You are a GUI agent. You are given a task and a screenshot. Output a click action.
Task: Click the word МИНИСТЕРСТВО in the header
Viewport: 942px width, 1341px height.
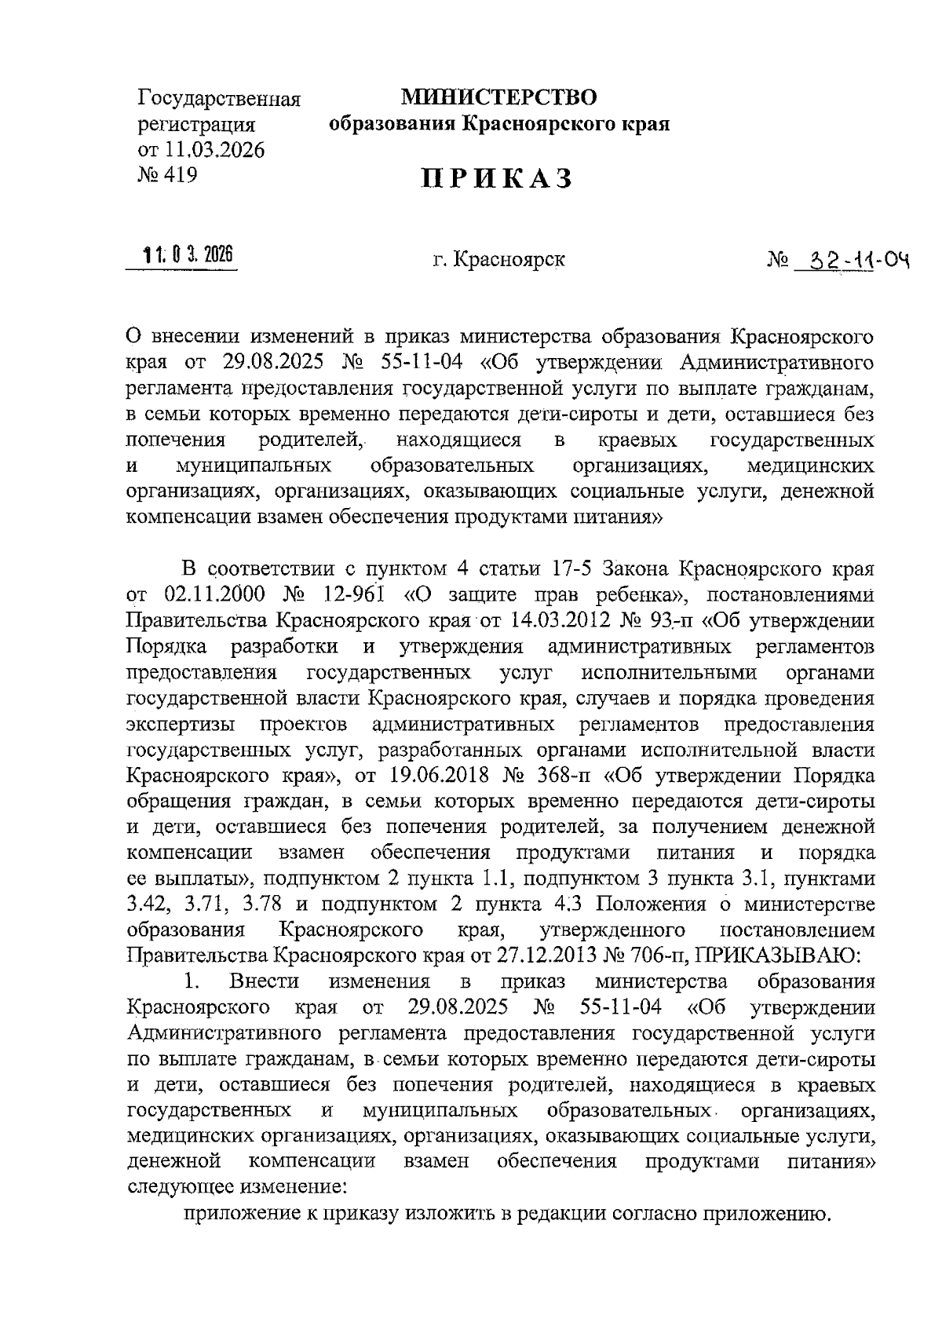[498, 98]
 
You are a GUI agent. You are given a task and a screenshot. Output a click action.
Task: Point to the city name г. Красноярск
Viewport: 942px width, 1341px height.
[498, 259]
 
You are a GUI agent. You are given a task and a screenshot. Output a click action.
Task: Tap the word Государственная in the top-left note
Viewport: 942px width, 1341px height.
[219, 100]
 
